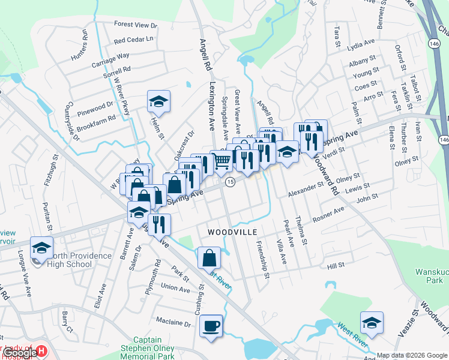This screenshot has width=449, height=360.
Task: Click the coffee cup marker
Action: point(211,326)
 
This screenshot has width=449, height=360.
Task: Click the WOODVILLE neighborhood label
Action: point(232,232)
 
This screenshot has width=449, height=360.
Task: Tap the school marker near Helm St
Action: point(158,101)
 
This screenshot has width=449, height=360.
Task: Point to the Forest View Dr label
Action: point(136,25)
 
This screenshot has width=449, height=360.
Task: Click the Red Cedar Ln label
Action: point(133,40)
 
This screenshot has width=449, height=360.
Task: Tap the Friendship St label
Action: point(262,256)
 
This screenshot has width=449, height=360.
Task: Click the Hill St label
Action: point(336,265)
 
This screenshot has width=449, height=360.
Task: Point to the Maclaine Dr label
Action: point(175,323)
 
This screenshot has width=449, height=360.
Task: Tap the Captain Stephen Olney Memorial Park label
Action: point(156,347)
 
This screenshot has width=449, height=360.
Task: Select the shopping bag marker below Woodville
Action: point(209,258)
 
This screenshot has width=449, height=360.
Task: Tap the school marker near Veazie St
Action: point(372,323)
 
